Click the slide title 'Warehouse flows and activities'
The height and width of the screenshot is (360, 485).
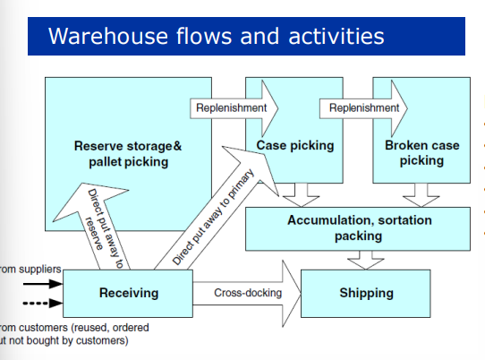(x=216, y=37)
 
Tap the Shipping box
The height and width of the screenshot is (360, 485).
(x=366, y=293)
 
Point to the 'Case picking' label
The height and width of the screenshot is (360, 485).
(x=294, y=145)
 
